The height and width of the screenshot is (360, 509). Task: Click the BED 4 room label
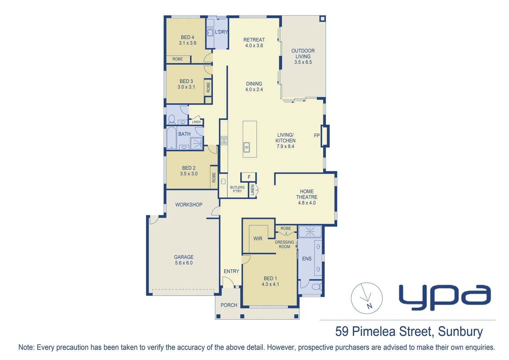coord(188,37)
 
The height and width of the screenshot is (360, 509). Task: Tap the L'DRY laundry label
coord(221,32)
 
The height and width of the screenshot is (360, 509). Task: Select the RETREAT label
coord(254,40)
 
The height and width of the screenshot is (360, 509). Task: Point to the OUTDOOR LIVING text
coord(303,54)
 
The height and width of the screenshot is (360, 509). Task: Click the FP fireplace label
coord(317,136)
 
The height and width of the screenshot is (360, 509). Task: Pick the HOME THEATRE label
coord(307,194)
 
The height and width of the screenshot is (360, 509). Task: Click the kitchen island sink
coord(247,147)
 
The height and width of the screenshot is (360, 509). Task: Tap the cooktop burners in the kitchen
coord(224,140)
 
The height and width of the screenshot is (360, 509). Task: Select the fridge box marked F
coord(249,177)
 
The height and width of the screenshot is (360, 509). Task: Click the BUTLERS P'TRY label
coord(237,189)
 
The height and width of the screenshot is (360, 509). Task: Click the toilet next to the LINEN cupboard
coord(172,119)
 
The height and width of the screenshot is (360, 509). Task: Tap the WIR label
coord(258,239)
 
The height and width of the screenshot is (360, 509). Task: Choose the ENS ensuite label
coord(307,259)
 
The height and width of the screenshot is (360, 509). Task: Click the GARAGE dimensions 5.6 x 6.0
coord(184,263)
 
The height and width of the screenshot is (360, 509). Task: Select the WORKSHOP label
coord(189,205)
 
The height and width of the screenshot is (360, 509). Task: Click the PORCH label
coord(229,305)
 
